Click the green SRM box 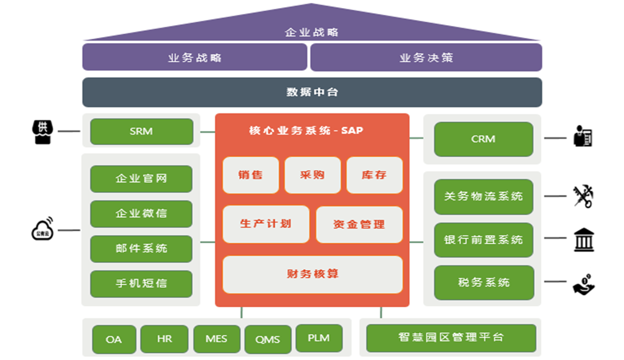tap(141, 131)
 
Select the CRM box tap(483, 139)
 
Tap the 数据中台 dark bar tap(312, 92)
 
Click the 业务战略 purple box tap(195, 58)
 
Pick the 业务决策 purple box tap(426, 58)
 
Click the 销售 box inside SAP tap(251, 175)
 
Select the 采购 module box tap(312, 175)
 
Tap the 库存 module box tap(374, 175)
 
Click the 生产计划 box tap(266, 224)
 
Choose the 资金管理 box tap(359, 224)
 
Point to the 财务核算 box tap(312, 274)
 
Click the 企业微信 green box tap(141, 213)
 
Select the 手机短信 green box tap(141, 283)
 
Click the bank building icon tap(583, 239)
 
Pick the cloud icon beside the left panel tap(42, 229)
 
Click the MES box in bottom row tap(216, 339)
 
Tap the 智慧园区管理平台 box tap(451, 338)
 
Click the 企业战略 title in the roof tap(312, 32)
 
